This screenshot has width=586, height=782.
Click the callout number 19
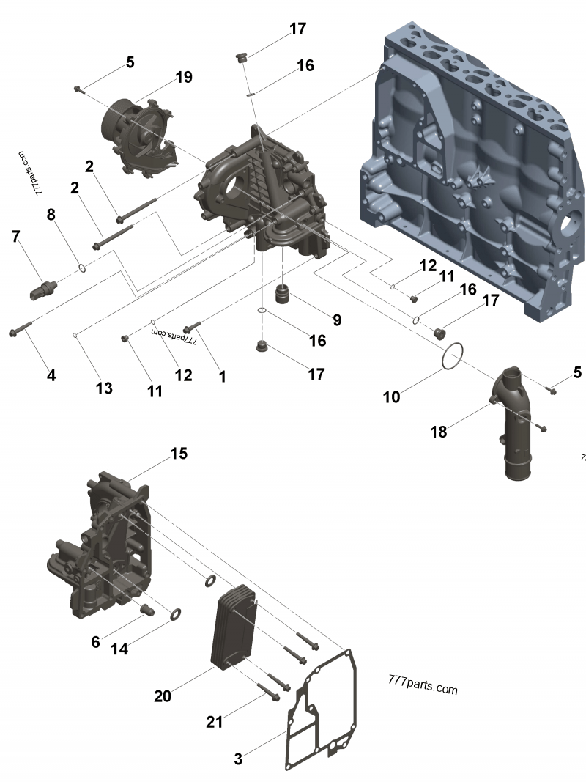(x=183, y=77)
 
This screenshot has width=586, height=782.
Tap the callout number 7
(x=16, y=236)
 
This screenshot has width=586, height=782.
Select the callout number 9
(x=337, y=320)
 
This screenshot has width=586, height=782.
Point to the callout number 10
(x=391, y=397)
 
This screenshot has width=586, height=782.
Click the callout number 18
(x=439, y=432)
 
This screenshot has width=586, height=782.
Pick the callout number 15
(x=179, y=454)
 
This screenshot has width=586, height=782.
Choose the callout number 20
(x=163, y=696)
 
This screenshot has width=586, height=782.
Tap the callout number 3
(x=238, y=759)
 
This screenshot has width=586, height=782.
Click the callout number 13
(x=103, y=388)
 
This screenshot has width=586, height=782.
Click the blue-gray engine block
(x=473, y=169)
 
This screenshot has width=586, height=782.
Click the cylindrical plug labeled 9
(x=284, y=294)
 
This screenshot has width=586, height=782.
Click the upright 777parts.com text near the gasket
(x=423, y=685)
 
